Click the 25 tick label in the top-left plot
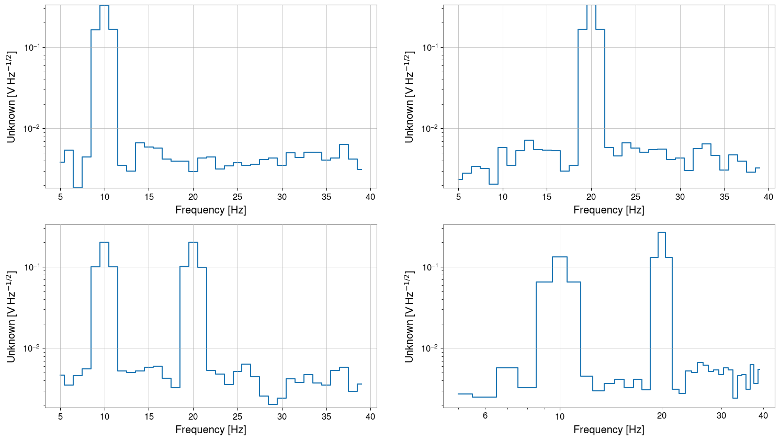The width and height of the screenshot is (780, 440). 238,197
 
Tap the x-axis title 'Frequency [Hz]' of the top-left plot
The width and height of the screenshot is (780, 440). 210,210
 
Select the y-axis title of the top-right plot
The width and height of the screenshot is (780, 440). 409,97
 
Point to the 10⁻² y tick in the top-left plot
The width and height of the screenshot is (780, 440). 32,129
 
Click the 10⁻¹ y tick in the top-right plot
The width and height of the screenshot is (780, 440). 431,48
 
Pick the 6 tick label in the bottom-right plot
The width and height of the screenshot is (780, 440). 485,416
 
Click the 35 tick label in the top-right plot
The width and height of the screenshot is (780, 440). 724,197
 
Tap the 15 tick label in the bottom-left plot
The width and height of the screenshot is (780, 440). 149,417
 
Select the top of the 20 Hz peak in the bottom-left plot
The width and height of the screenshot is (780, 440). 193,242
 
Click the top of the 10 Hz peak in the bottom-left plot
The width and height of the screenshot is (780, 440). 105,242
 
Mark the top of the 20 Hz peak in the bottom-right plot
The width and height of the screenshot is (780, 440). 662,232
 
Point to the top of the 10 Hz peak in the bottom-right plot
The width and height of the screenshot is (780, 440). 560,257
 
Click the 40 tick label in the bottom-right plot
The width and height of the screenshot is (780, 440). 763,416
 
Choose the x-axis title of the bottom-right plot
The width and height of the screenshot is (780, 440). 608,430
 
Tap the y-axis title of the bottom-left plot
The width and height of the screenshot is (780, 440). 11,317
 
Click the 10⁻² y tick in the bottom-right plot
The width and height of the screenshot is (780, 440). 431,348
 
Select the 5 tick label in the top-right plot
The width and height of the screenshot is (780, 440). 458,197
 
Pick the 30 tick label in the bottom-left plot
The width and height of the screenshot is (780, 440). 282,417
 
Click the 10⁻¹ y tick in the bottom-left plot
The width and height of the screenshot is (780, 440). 32,267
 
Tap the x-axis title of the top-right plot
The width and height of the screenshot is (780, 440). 608,210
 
